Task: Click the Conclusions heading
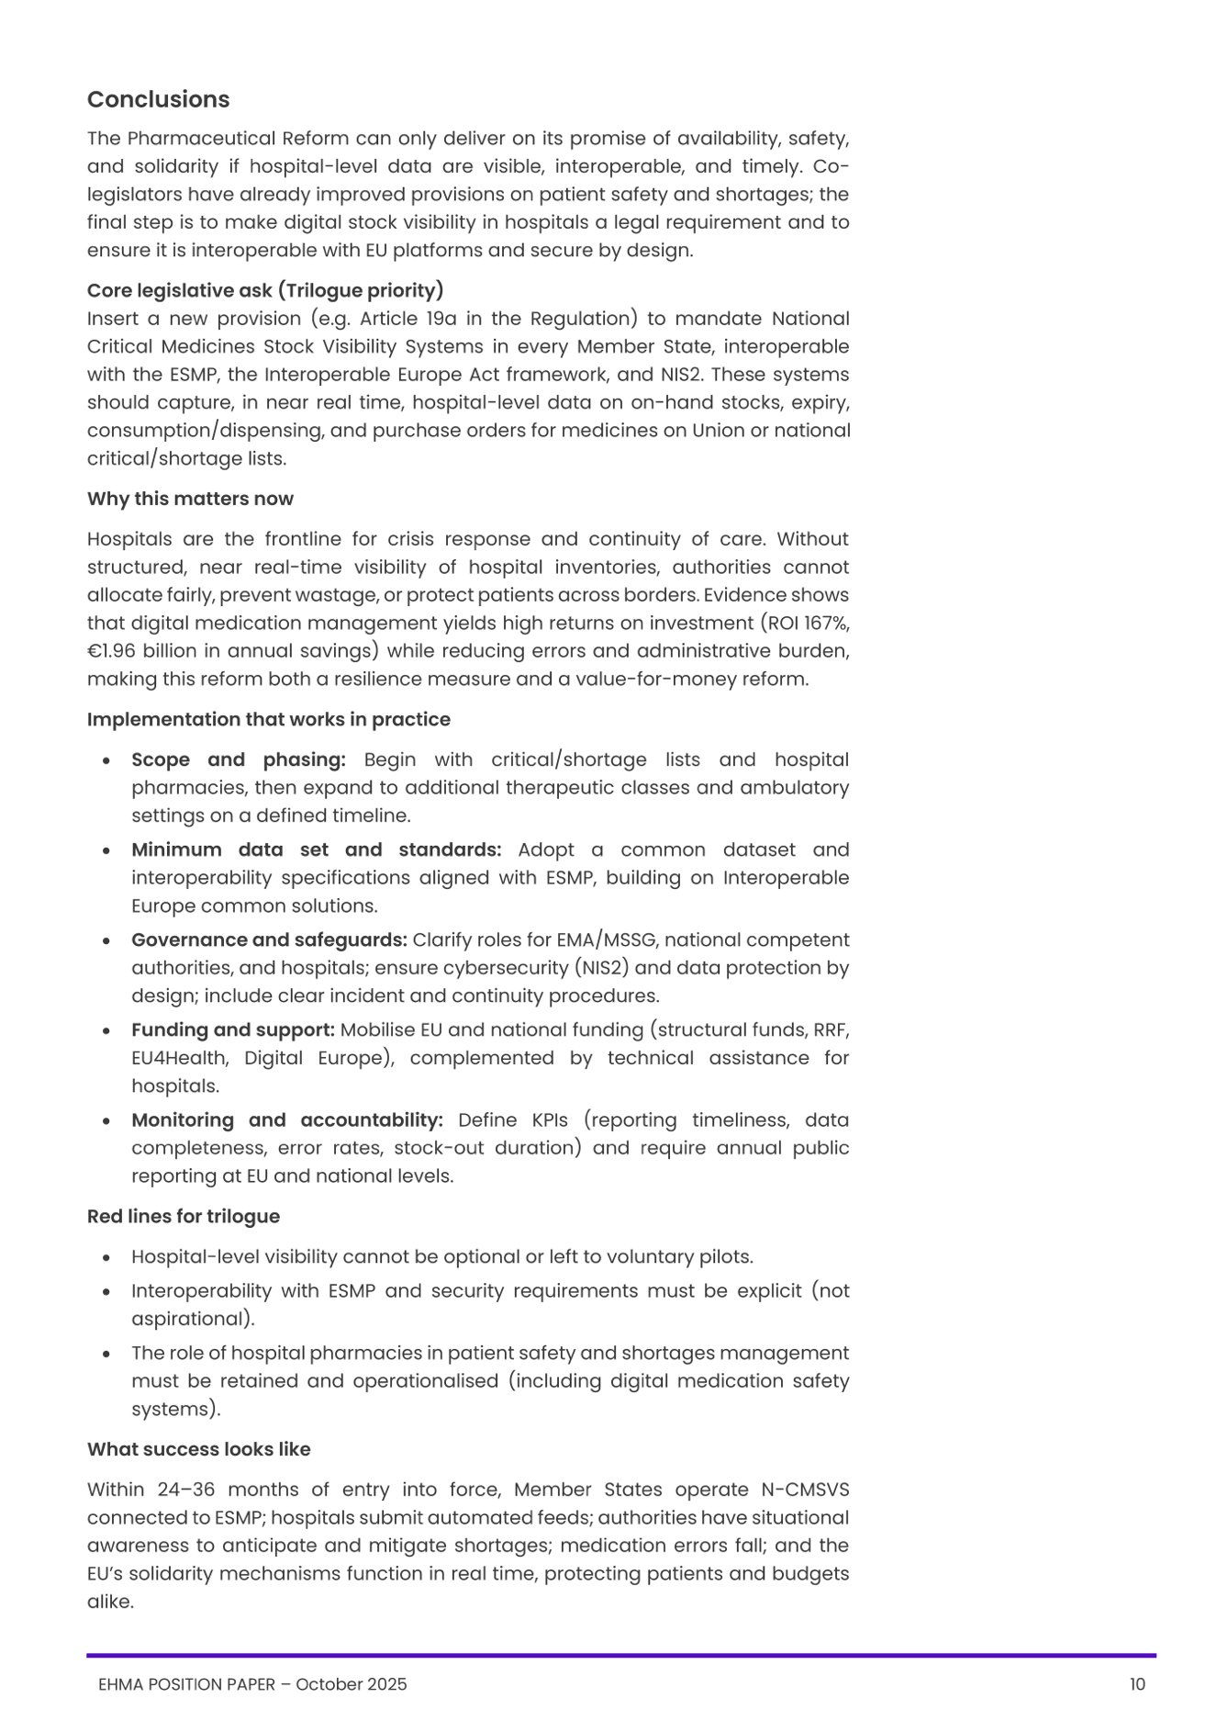[158, 99]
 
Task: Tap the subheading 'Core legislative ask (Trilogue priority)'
[265, 290]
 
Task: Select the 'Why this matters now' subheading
[190, 499]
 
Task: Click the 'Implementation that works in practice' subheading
[268, 719]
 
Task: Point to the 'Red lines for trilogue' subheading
[183, 1216]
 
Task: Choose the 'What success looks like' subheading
[198, 1449]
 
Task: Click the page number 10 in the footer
[1137, 1684]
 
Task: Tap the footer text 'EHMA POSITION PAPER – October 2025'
[252, 1684]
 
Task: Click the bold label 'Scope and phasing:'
[238, 759]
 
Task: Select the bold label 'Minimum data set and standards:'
[316, 849]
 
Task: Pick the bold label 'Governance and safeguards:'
[269, 939]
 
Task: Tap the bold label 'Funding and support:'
[232, 1029]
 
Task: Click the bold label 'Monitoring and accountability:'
[286, 1119]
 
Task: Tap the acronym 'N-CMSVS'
[805, 1490]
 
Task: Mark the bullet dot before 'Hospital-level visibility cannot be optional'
[107, 1257]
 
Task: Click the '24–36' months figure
[185, 1490]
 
